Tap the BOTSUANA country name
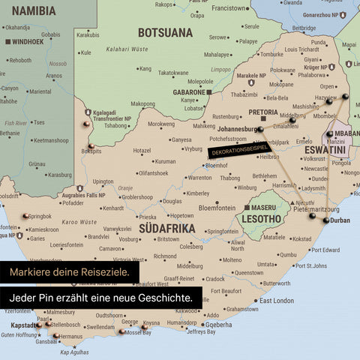point(165,32)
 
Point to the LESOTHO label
point(259,219)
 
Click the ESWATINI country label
point(325,151)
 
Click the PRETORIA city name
point(263,112)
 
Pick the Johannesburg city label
point(227,129)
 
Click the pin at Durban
point(325,220)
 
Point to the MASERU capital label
point(263,206)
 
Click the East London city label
point(278,300)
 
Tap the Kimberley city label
point(198,193)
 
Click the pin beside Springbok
point(26,216)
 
